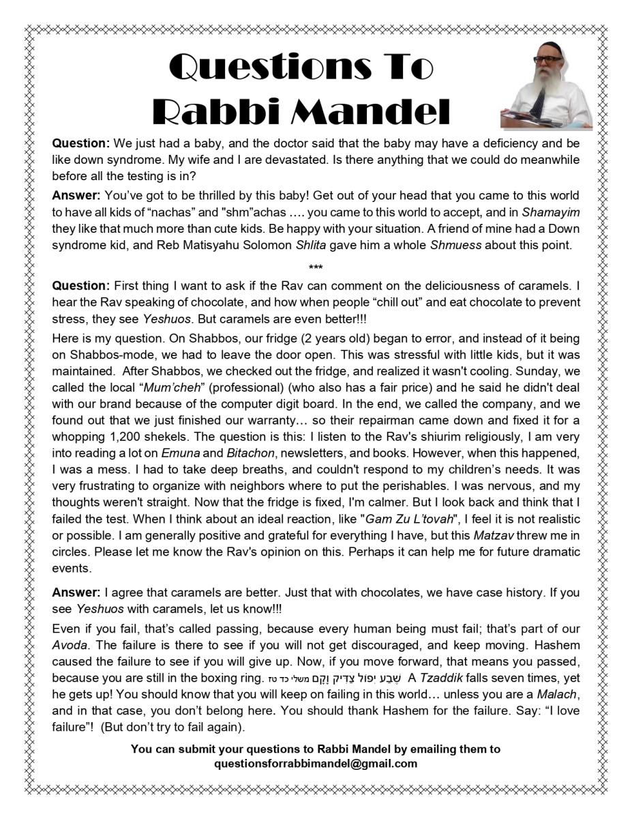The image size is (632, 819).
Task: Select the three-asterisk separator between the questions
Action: [316, 267]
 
